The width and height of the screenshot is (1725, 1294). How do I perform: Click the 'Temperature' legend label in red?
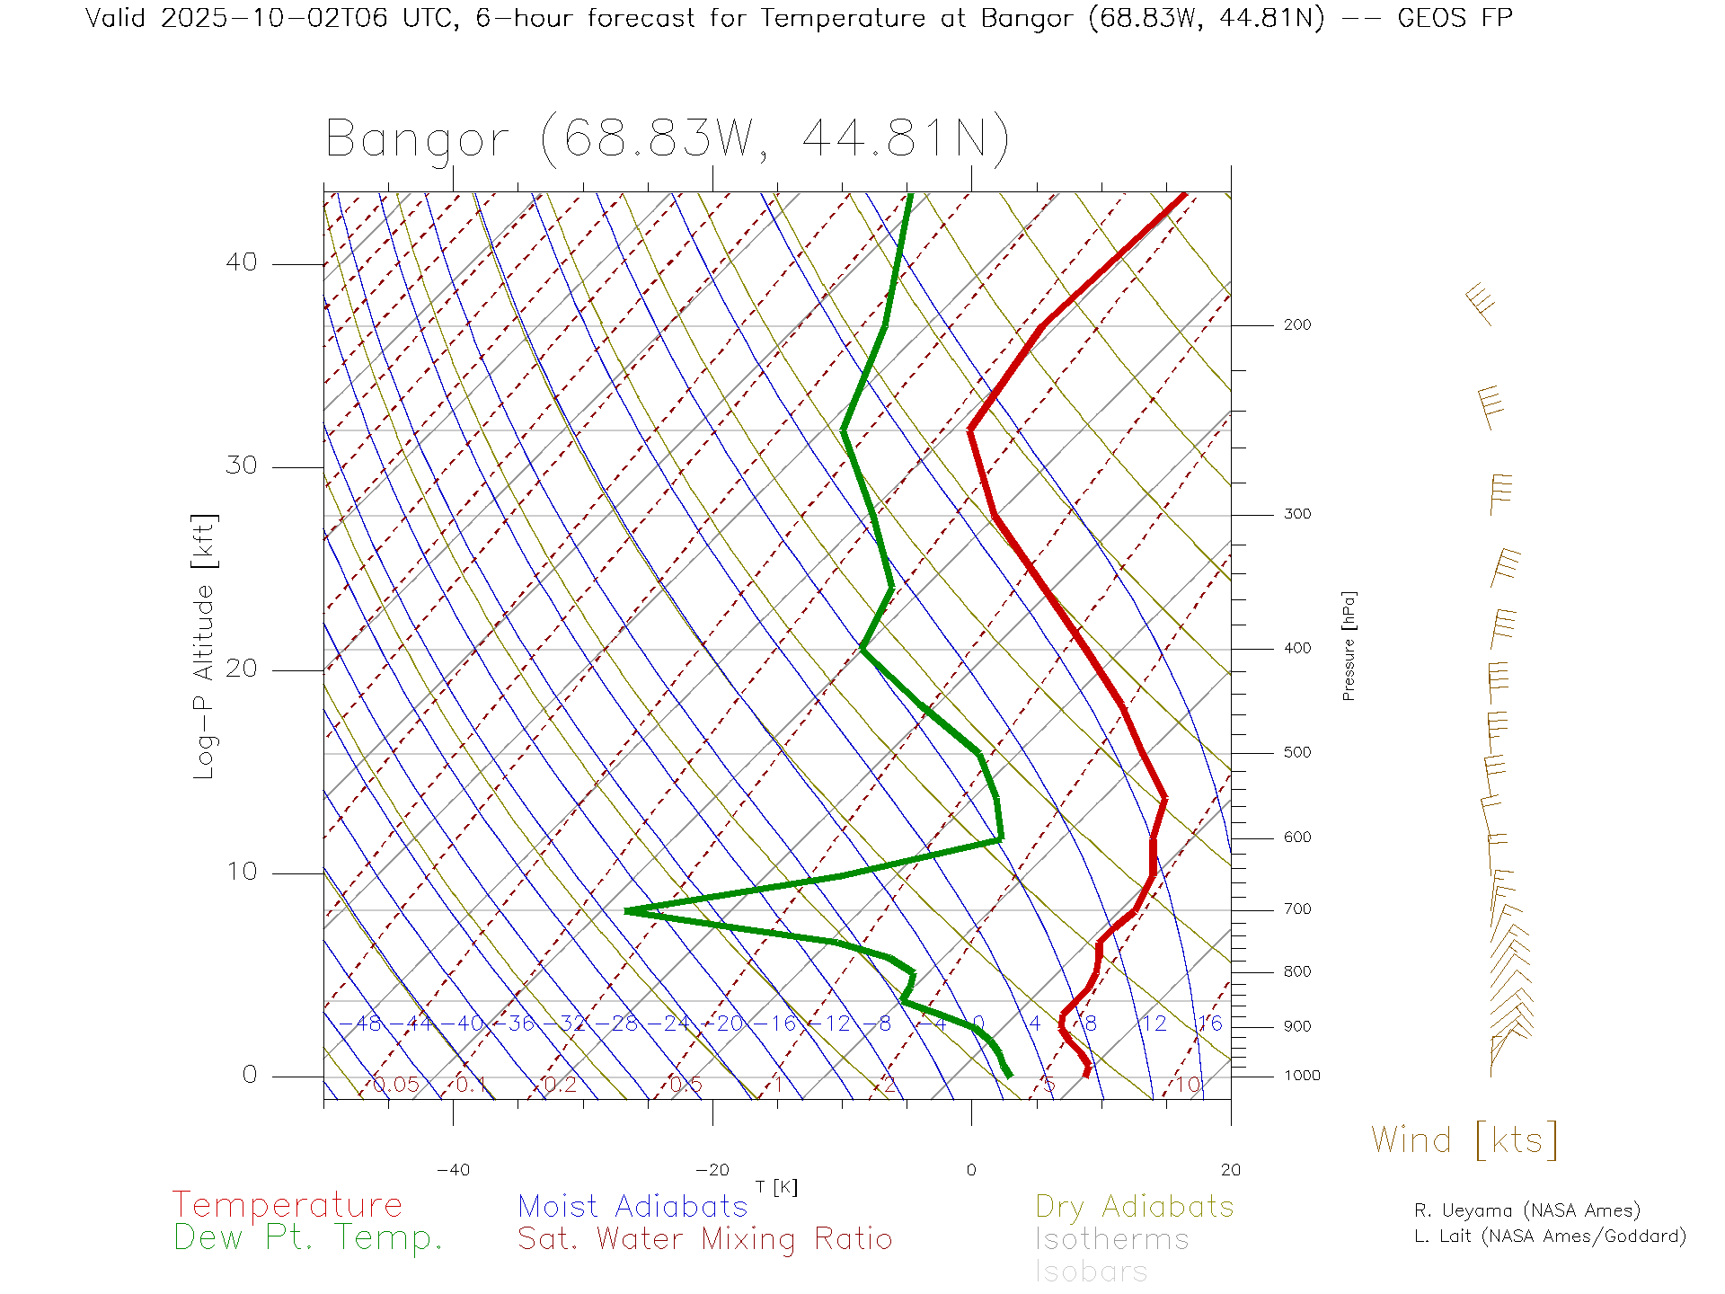coord(287,1204)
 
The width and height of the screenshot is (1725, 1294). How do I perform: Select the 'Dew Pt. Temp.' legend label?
coord(308,1237)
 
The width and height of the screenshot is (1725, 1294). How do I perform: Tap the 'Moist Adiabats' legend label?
coord(632,1206)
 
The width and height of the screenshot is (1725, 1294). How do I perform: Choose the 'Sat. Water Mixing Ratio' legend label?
coord(704,1238)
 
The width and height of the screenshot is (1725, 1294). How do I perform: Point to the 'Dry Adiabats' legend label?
coord(1134,1206)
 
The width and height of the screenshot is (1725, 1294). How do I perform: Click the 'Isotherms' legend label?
coord(1111,1239)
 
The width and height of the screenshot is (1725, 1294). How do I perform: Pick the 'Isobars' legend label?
coord(1091,1272)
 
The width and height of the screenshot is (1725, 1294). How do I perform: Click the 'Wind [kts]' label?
coord(1464,1139)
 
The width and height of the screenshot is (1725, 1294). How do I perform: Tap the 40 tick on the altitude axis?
coord(241,262)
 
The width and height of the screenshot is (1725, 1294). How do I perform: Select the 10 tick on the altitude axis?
coord(241,872)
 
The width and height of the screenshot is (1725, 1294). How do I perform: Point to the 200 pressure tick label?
coord(1296,324)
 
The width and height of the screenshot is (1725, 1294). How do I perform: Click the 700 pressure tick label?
coord(1296,909)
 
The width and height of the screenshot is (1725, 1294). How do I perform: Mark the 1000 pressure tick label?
coord(1301,1076)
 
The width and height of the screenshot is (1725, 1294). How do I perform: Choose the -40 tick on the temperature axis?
coord(453,1170)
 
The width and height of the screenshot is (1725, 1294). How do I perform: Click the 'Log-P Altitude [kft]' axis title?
coord(205,646)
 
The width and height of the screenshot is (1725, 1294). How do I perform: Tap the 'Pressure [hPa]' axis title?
coord(1349,645)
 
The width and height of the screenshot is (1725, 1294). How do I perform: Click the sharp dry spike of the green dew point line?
coord(627,910)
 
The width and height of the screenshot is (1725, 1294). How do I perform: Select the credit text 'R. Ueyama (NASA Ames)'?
coord(1526,1210)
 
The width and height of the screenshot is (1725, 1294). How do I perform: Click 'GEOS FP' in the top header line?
coord(1455,18)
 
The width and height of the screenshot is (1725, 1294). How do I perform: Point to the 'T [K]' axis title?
coord(776,1187)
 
